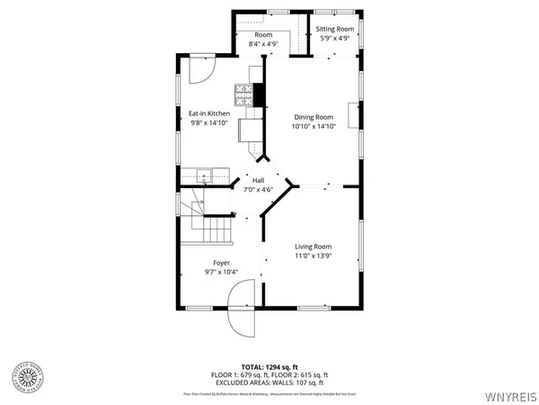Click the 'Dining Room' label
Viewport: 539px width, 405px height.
click(313, 117)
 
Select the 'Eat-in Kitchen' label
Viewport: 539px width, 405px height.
click(208, 113)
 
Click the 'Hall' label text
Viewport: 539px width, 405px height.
click(258, 180)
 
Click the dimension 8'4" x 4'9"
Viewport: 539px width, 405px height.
click(263, 43)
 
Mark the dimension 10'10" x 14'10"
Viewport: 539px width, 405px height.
click(313, 127)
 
